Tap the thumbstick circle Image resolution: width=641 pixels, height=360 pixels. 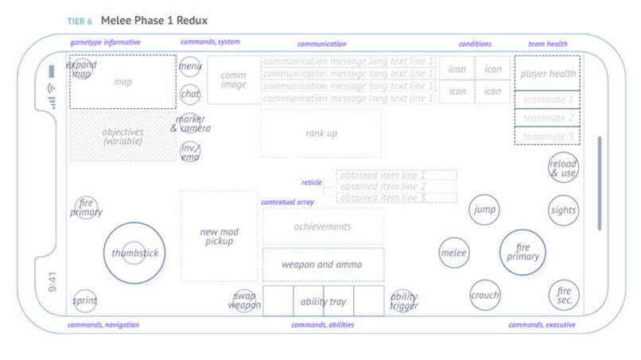134,253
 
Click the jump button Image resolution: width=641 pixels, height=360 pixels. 484,210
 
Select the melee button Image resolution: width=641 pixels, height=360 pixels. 454,253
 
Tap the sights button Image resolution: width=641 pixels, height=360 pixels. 563,211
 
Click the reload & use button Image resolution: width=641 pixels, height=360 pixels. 563,168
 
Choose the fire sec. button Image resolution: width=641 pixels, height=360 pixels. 563,295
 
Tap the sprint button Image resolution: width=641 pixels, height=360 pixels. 85,300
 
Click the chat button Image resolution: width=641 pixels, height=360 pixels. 190,94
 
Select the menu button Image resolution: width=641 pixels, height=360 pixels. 190,67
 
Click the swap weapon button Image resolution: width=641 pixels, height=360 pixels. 244,300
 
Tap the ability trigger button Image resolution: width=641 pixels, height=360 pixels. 403,300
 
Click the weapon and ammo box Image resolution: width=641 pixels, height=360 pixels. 323,265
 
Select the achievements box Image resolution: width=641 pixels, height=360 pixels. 323,226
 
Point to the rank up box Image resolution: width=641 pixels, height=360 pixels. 321,134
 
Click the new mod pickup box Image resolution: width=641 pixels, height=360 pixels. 219,236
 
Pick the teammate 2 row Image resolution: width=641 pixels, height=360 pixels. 547,118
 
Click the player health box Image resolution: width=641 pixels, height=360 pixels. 547,74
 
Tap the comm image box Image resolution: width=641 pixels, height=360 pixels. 234,79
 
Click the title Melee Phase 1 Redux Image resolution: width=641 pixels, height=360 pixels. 154,20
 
